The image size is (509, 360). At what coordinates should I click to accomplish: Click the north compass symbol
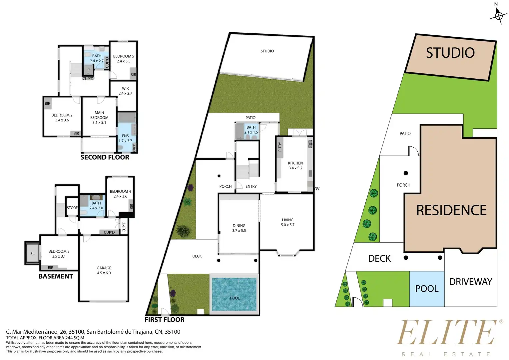click(499, 15)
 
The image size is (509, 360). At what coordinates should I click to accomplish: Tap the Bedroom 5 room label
click(124, 58)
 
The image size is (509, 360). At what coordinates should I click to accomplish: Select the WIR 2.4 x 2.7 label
click(125, 91)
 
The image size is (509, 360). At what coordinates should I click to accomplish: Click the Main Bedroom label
click(99, 118)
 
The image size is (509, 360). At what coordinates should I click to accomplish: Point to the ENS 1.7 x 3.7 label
click(125, 138)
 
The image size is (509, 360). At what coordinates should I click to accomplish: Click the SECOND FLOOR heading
click(105, 157)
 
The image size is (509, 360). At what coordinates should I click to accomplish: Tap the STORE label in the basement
click(72, 208)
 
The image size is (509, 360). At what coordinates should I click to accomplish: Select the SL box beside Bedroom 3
click(32, 253)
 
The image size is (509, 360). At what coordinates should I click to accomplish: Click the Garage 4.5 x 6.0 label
click(104, 270)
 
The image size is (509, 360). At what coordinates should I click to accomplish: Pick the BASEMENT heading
click(56, 276)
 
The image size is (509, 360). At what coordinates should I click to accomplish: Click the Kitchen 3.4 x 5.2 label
click(295, 166)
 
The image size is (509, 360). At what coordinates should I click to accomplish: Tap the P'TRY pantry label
click(280, 147)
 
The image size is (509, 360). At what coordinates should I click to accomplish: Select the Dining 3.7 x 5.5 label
click(239, 228)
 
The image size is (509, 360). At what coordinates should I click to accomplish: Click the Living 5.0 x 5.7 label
click(288, 222)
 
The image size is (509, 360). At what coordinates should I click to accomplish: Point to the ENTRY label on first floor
click(251, 186)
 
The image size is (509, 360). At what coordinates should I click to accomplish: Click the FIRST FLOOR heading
click(165, 320)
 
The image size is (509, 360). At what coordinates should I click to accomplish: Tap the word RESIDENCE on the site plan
click(451, 210)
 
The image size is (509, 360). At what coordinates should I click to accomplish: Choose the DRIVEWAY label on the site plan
click(471, 282)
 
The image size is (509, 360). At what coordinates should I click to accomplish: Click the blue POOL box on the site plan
click(427, 289)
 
